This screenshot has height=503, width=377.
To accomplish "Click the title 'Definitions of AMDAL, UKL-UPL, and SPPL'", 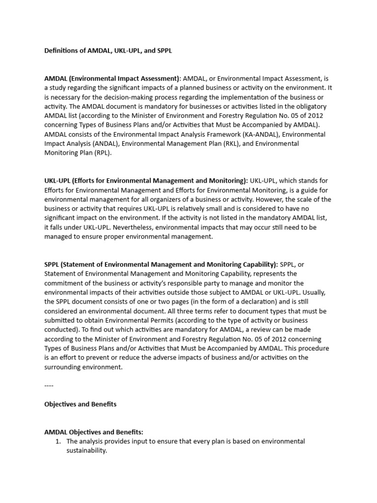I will tap(108, 51).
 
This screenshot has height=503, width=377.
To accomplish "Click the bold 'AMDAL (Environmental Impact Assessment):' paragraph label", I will tap(113, 78).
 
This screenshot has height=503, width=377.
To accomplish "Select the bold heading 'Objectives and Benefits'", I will tap(80, 404).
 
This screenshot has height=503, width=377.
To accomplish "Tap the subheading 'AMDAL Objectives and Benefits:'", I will tap(94, 432).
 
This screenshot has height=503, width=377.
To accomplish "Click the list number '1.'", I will tap(57, 442).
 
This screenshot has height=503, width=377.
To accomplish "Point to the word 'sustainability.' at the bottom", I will tap(86, 450).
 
